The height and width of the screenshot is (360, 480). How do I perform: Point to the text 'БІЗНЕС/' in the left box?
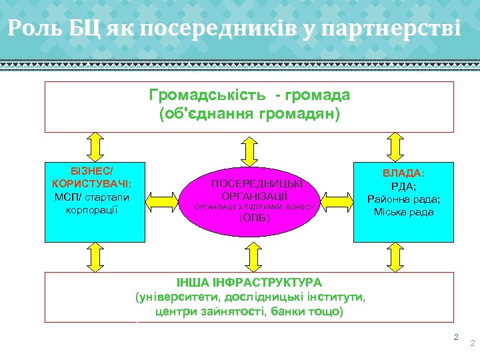click(95, 170)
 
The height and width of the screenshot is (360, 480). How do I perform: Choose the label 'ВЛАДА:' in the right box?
click(403, 173)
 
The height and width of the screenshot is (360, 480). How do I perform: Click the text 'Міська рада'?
click(403, 212)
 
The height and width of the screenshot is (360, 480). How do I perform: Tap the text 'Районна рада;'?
click(403, 199)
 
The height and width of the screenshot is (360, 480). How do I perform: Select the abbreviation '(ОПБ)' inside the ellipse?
click(253, 218)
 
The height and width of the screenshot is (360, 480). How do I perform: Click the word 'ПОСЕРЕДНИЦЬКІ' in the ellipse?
click(256, 183)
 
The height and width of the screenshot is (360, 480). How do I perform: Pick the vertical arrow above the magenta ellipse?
click(249, 150)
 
